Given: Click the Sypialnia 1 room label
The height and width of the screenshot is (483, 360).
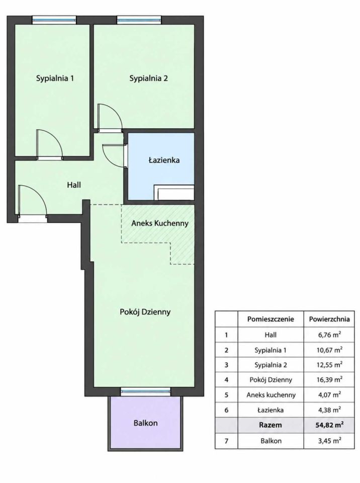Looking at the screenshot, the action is (55, 78).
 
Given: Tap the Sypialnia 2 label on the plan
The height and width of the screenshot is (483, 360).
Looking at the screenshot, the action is (148, 78).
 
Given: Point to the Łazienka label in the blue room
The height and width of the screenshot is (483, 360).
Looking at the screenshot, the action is (164, 160).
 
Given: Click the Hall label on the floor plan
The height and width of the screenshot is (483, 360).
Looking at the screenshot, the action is (74, 185).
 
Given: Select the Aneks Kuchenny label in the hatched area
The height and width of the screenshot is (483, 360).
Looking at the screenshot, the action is (160, 223).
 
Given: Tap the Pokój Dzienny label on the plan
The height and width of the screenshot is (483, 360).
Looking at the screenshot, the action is (145, 312).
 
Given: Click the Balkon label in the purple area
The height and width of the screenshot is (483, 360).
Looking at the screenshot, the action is (145, 423).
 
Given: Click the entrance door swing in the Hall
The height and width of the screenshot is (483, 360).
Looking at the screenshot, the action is (32, 200).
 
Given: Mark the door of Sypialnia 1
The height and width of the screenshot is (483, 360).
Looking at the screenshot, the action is (50, 143).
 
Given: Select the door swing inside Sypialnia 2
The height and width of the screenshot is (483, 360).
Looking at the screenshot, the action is (110, 116).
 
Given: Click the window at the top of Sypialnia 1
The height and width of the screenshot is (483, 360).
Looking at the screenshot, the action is (54, 20).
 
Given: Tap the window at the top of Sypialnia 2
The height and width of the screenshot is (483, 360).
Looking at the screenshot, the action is (139, 20).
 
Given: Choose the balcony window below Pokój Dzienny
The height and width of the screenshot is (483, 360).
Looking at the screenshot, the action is (145, 391).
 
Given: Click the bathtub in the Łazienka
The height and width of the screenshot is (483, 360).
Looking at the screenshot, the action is (174, 193).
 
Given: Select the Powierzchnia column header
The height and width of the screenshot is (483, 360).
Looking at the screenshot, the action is (329, 319).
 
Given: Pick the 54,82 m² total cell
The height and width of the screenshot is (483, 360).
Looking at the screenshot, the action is (329, 425).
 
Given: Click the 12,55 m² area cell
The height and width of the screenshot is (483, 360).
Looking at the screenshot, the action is (329, 365).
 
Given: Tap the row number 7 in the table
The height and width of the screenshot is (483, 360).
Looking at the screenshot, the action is (226, 441).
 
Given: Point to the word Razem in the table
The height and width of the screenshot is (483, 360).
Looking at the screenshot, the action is (271, 425).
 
